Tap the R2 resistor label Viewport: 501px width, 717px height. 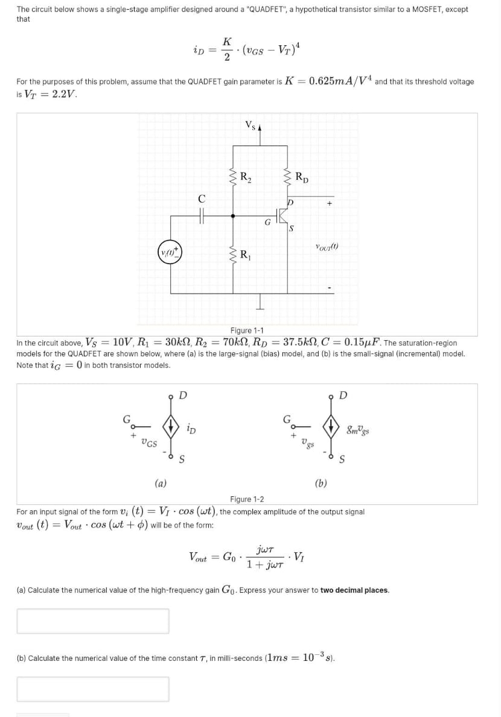(246, 177)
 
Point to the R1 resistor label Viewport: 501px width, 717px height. (246, 254)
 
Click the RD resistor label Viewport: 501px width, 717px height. (302, 177)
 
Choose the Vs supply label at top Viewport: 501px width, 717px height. (249, 125)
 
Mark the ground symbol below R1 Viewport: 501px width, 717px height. (261, 306)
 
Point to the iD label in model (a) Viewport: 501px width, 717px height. (191, 429)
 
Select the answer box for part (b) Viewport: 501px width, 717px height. (93, 689)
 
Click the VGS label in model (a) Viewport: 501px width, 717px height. (148, 443)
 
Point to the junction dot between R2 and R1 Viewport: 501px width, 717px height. (234, 213)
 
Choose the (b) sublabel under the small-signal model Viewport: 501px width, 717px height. (321, 482)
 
